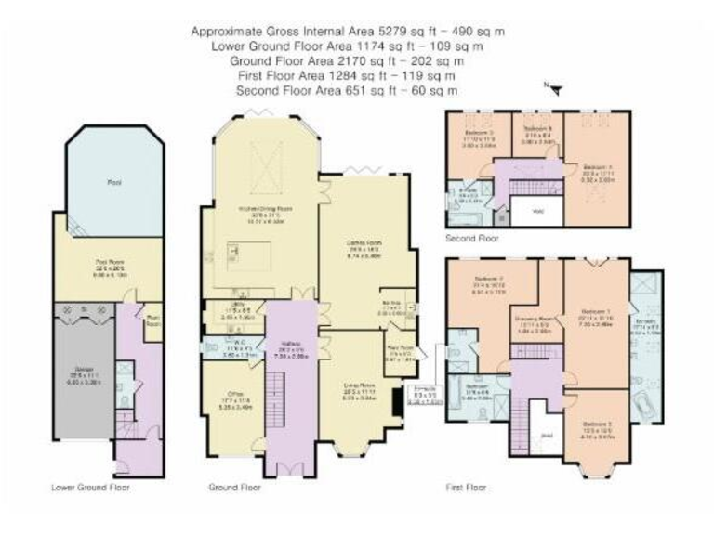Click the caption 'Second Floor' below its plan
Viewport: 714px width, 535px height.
click(471, 238)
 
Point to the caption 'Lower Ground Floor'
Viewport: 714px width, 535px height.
click(91, 487)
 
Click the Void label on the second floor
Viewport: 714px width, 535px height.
click(536, 211)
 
